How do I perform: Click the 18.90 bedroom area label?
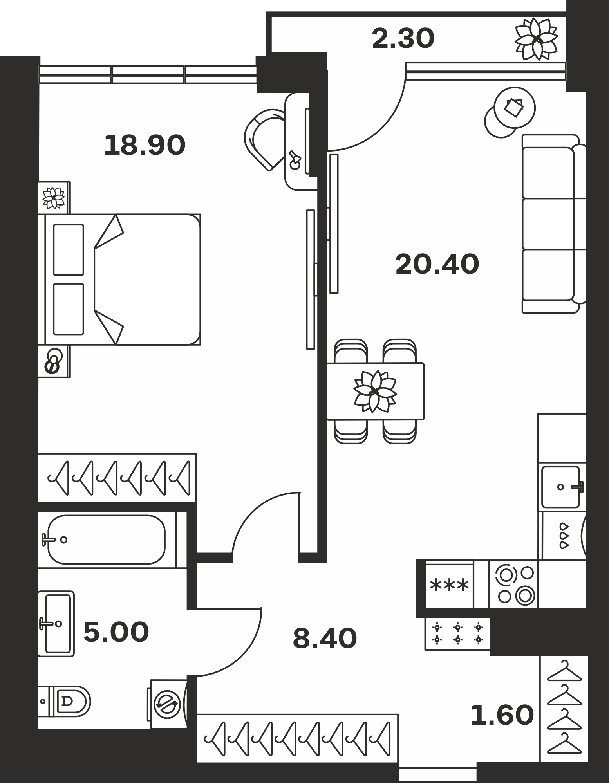145,145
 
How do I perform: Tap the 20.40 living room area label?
437,264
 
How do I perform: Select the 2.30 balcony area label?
403,39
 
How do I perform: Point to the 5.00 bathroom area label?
116,632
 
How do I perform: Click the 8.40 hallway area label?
325,638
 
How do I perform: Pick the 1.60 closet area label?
502,714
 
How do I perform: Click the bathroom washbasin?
56,624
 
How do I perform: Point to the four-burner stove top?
514,584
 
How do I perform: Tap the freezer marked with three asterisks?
450,585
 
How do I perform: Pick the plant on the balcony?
536,39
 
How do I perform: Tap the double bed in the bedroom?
119,280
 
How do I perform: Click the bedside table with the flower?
54,198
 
